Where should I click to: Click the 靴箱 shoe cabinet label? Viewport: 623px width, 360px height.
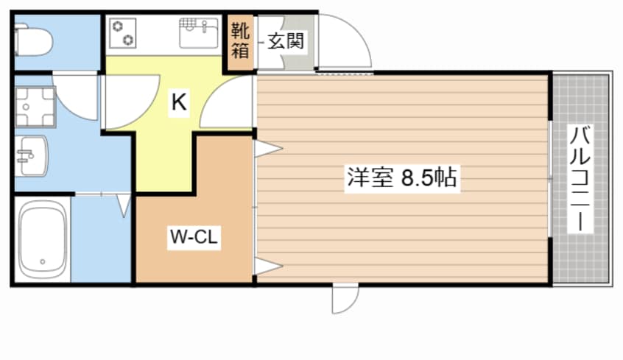pyautogui.click(x=240, y=41)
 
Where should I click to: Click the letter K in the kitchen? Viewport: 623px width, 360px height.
pyautogui.click(x=179, y=103)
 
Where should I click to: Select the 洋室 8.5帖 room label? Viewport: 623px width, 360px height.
pyautogui.click(x=401, y=178)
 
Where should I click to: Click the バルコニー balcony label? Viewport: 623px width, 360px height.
pyautogui.click(x=582, y=179)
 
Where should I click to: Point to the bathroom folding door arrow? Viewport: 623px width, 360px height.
pyautogui.click(x=124, y=205)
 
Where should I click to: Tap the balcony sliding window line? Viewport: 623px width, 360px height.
pyautogui.click(x=550, y=178)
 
